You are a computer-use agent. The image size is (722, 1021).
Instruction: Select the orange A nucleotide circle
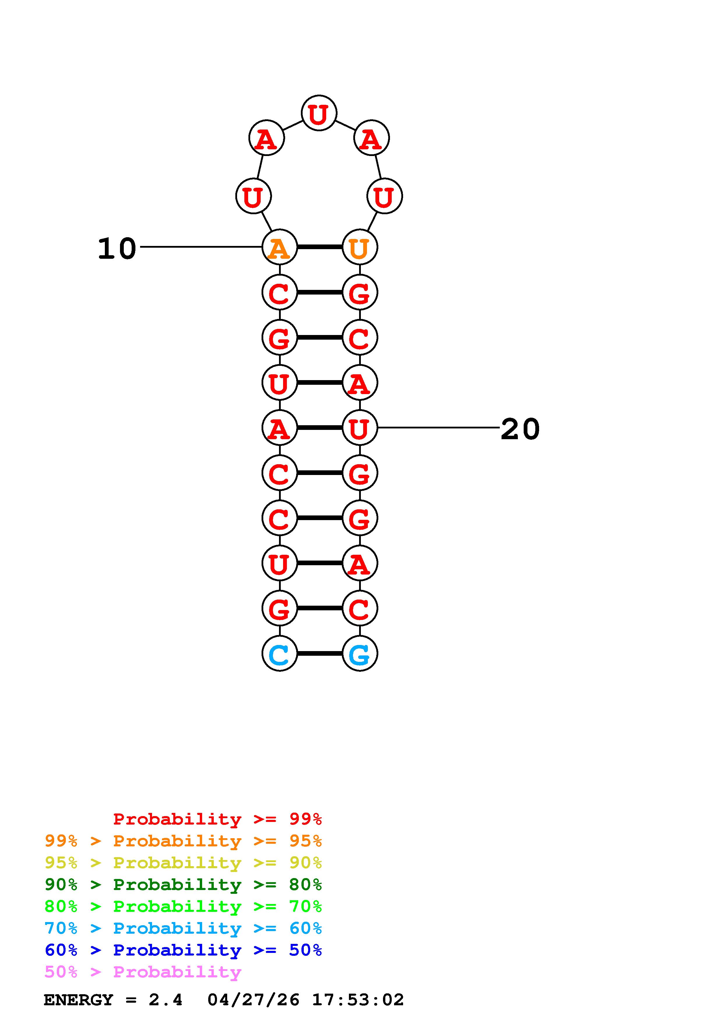point(279,247)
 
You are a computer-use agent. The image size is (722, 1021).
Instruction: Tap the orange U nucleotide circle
point(359,247)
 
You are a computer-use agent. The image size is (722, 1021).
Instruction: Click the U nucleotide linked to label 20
point(359,428)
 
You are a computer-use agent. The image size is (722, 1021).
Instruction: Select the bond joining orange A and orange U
point(319,247)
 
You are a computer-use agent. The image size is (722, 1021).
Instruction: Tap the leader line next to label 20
point(438,428)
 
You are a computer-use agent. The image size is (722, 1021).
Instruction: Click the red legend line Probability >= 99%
point(217,819)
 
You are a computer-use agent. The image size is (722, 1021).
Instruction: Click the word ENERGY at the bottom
point(78,1000)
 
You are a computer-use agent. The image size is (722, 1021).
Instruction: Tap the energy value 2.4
point(165,1000)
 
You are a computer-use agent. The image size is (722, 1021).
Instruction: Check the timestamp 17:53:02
point(358,1000)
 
